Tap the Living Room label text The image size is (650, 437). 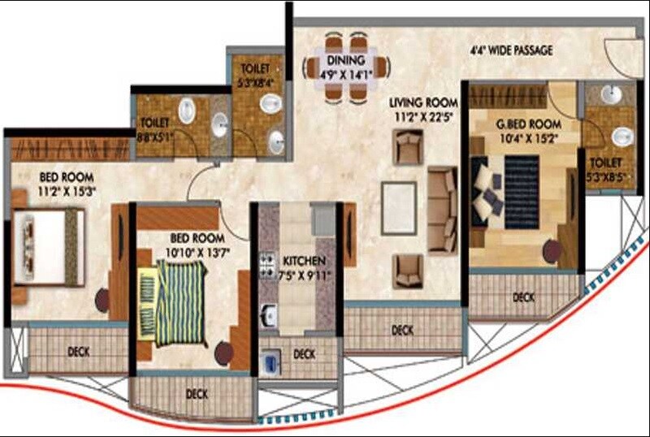pyautogui.click(x=422, y=102)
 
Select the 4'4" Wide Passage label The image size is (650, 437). pyautogui.click(x=511, y=50)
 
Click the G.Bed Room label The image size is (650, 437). pyautogui.click(x=529, y=124)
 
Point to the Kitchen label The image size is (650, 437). pyautogui.click(x=304, y=261)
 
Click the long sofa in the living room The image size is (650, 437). pyautogui.click(x=443, y=210)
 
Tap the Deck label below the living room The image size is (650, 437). pyautogui.click(x=403, y=330)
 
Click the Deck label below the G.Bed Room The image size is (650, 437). pyautogui.click(x=524, y=298)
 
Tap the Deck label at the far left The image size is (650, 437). pyautogui.click(x=79, y=352)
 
